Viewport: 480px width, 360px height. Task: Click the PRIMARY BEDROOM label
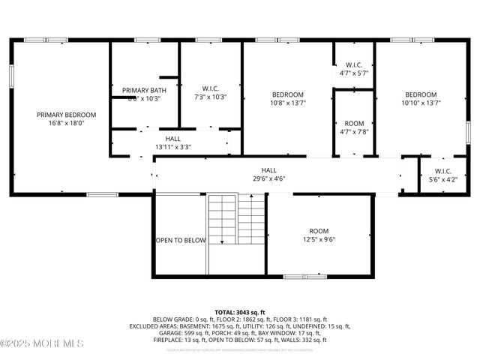click(x=67, y=115)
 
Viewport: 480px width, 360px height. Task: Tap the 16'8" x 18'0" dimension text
click(x=67, y=124)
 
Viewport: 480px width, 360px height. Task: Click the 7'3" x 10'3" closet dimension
click(x=210, y=97)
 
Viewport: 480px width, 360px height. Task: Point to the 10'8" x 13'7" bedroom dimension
click(x=288, y=103)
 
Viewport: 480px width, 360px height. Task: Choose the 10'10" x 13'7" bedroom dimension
click(x=421, y=103)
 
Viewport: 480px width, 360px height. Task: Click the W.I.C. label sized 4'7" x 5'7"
click(x=355, y=65)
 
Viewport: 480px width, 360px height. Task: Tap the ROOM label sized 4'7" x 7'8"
click(x=355, y=123)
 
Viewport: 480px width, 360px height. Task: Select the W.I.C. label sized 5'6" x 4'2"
click(x=441, y=171)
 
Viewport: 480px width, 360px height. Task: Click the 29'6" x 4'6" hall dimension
click(x=268, y=179)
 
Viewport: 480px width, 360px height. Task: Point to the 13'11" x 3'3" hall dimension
click(x=172, y=147)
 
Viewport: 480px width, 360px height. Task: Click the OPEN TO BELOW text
click(x=181, y=241)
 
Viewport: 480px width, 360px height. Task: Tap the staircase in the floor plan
click(x=236, y=218)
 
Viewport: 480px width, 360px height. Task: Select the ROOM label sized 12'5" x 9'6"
click(x=319, y=231)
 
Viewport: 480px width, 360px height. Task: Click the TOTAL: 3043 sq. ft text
click(x=240, y=311)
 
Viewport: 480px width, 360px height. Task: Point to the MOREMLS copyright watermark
click(x=43, y=343)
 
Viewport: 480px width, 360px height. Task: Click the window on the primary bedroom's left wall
click(x=11, y=76)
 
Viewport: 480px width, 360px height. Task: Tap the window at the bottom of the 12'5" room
click(x=304, y=276)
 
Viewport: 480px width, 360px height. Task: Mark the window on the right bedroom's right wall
click(x=467, y=129)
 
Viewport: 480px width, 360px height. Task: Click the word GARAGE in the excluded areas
click(x=160, y=331)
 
